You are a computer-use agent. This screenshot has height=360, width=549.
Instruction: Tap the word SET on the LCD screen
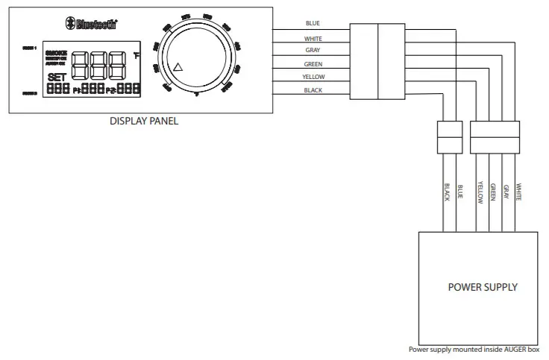[57, 78]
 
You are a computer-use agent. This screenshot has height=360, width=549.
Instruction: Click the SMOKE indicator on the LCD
[56, 53]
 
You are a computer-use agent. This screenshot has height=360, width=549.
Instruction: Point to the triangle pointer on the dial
[178, 68]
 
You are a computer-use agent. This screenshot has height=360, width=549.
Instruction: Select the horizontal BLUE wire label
[313, 23]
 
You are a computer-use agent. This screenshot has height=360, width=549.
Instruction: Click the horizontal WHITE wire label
[313, 37]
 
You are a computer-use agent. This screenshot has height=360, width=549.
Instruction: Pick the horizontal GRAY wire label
[313, 51]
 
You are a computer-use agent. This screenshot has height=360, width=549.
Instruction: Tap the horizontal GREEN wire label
[313, 64]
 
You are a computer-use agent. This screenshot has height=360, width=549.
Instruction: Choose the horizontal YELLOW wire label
[313, 77]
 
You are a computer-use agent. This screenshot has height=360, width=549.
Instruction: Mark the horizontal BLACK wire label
[313, 90]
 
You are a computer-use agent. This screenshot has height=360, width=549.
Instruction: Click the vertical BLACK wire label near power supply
[447, 192]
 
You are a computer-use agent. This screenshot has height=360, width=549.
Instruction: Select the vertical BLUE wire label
[460, 192]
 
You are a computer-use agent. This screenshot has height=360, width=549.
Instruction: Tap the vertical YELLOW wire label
[480, 193]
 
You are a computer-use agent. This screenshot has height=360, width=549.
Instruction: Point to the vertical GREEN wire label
[493, 193]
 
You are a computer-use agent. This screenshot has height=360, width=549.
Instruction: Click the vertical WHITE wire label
[519, 192]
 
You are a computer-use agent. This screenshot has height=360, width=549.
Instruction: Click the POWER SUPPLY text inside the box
[482, 287]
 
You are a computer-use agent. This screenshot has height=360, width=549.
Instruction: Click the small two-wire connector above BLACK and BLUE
[450, 136]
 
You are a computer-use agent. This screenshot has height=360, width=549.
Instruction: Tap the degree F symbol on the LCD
[137, 54]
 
